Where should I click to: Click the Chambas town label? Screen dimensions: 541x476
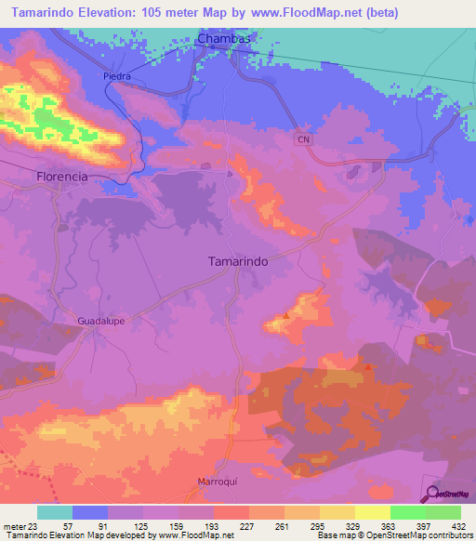tap(225, 40)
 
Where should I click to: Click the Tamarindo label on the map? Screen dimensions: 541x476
tap(235, 262)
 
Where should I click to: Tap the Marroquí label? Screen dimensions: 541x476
tap(220, 482)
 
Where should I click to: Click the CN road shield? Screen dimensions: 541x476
tap(302, 139)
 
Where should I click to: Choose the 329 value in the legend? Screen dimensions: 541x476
tap(355, 526)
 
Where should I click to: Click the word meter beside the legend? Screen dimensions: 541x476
tap(10, 526)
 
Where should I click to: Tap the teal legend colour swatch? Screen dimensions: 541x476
tap(54, 512)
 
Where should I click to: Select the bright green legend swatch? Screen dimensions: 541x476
tap(408, 512)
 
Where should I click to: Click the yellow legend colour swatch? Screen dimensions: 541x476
tap(373, 512)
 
